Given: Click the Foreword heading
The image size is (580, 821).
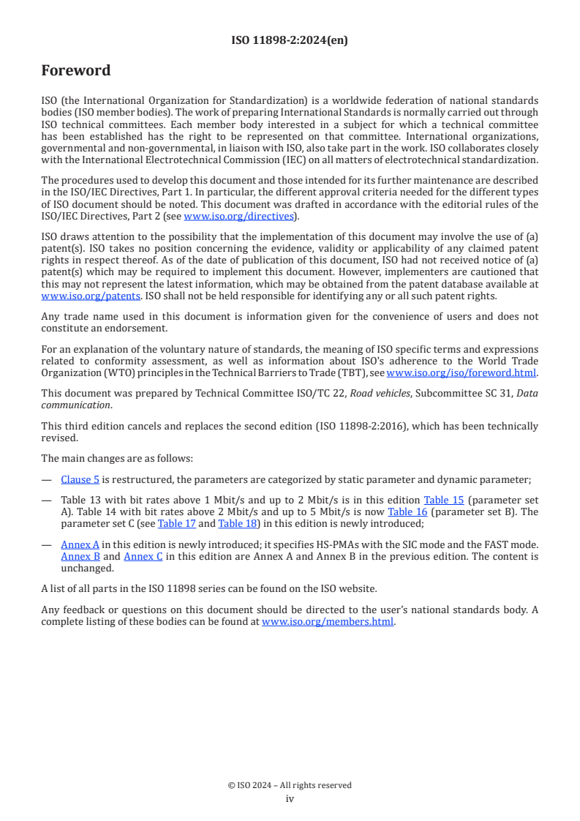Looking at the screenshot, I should pos(76,71).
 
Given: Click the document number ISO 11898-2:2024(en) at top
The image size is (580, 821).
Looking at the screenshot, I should pos(290,40).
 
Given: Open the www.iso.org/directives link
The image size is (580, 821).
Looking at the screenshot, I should pos(239,216).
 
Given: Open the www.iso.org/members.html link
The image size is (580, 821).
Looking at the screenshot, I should pos(328,622).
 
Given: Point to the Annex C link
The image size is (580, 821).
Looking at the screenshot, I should pos(143,556).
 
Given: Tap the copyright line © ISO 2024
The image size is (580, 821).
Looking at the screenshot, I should pos(290,785).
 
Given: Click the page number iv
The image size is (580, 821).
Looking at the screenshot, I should pos(290,798).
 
